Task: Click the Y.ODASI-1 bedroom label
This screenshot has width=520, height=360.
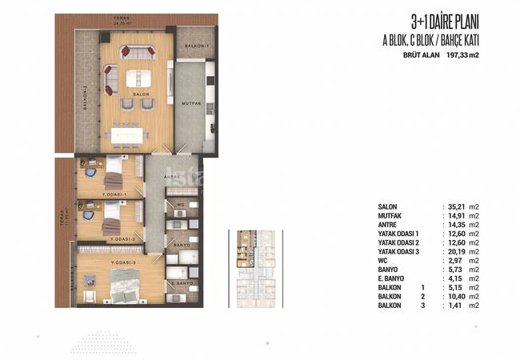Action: point(114,194)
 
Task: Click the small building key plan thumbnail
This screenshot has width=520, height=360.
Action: point(257,264)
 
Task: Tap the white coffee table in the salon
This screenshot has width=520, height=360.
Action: point(137,78)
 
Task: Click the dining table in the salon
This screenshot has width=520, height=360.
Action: point(128,133)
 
